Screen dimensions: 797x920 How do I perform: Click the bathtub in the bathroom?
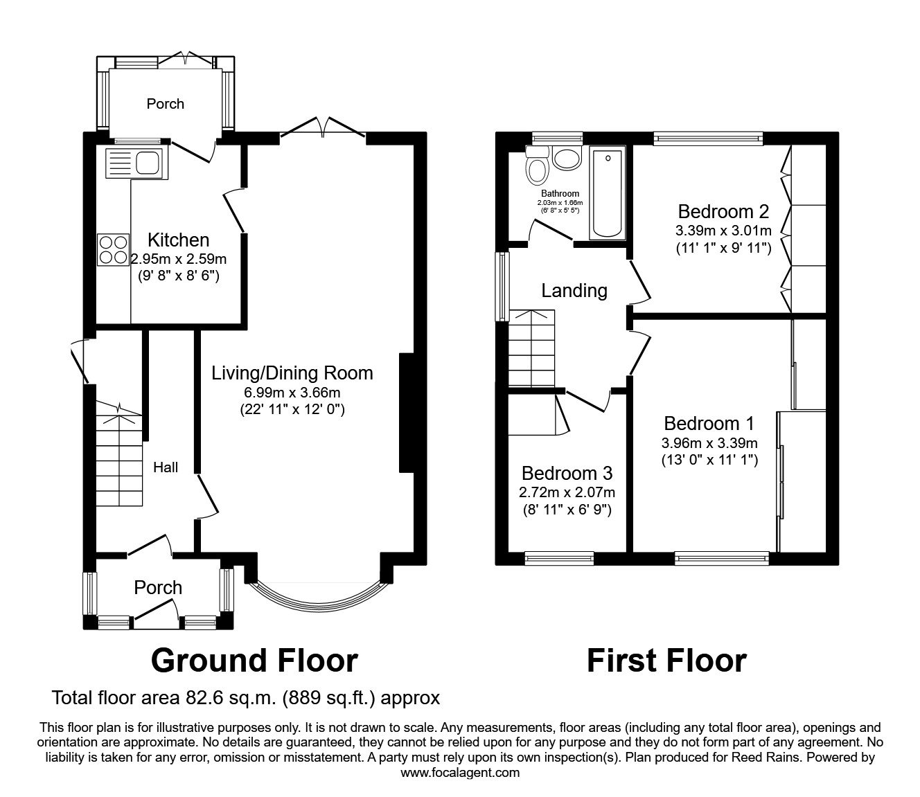[x=608, y=192]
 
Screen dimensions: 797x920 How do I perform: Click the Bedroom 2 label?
[x=723, y=211]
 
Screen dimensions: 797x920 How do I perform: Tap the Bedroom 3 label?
[x=567, y=474]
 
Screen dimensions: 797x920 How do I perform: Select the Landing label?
[x=574, y=291]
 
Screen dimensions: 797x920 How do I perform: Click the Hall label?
[x=166, y=467]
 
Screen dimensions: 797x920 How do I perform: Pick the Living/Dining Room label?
[x=292, y=373]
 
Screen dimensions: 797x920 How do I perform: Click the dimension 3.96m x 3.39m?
[x=709, y=443]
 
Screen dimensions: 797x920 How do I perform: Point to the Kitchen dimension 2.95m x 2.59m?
[x=179, y=259]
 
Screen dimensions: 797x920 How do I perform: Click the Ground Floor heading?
[x=254, y=661]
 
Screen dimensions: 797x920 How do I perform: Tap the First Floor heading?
[x=666, y=661]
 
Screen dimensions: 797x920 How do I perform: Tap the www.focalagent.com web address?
[x=460, y=772]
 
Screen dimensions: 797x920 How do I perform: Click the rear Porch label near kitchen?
[x=165, y=104]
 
